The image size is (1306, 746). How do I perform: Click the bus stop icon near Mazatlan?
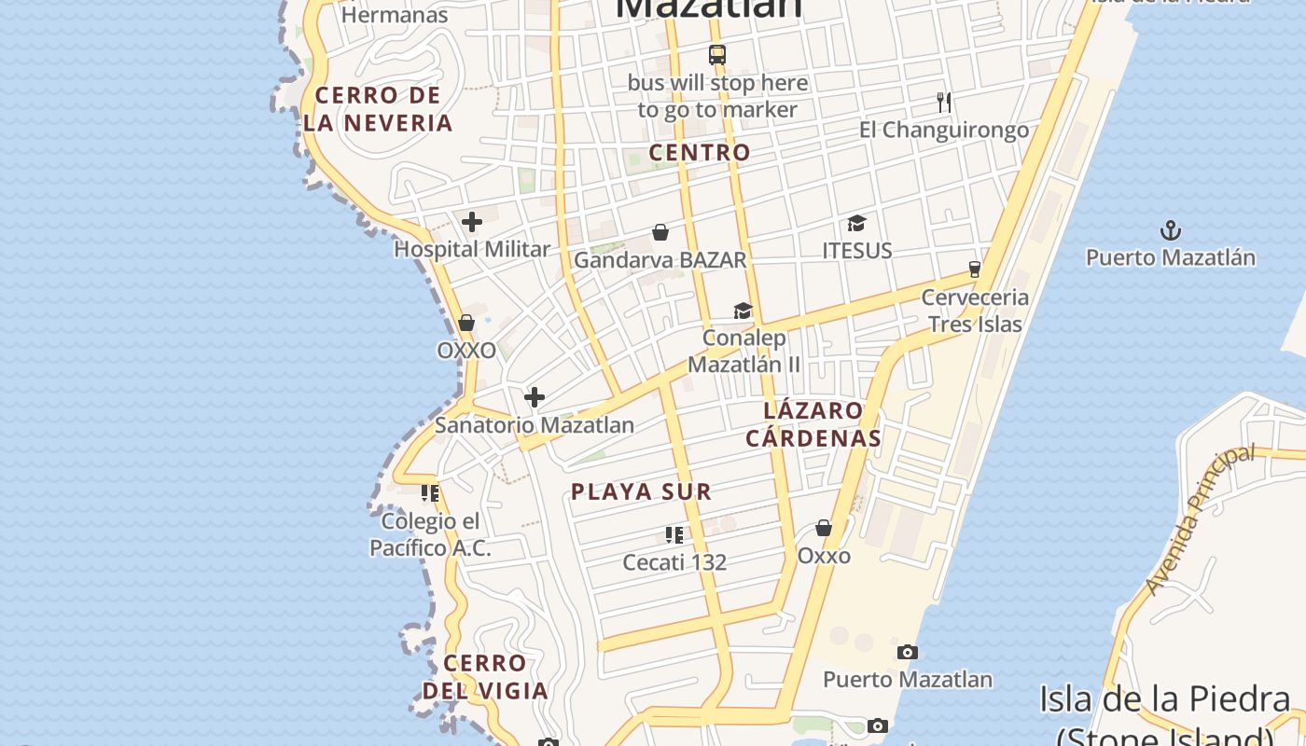[716, 54]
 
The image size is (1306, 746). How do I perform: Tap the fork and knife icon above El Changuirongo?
[944, 102]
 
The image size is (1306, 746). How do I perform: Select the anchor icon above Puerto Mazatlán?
[1170, 229]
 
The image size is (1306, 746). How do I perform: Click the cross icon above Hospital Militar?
[472, 222]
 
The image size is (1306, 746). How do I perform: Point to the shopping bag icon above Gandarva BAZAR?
[660, 231]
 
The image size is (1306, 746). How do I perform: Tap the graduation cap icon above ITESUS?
[856, 223]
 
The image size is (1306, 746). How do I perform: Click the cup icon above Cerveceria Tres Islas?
[975, 269]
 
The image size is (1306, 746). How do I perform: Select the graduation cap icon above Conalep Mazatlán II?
[743, 311]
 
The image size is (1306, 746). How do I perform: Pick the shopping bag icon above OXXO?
[466, 323]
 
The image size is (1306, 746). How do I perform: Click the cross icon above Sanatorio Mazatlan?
[535, 398]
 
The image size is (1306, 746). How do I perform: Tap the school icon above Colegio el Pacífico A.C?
[430, 492]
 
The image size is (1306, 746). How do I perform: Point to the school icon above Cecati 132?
[674, 535]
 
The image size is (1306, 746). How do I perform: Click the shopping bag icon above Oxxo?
[824, 529]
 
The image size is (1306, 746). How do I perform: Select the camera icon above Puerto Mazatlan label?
[907, 652]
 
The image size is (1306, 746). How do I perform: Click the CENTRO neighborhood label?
[700, 152]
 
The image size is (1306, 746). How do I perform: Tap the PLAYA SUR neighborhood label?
[641, 491]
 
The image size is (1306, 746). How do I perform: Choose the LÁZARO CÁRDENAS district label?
[813, 424]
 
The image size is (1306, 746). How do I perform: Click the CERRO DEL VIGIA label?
[485, 677]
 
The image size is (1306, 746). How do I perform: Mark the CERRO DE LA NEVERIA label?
[378, 109]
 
